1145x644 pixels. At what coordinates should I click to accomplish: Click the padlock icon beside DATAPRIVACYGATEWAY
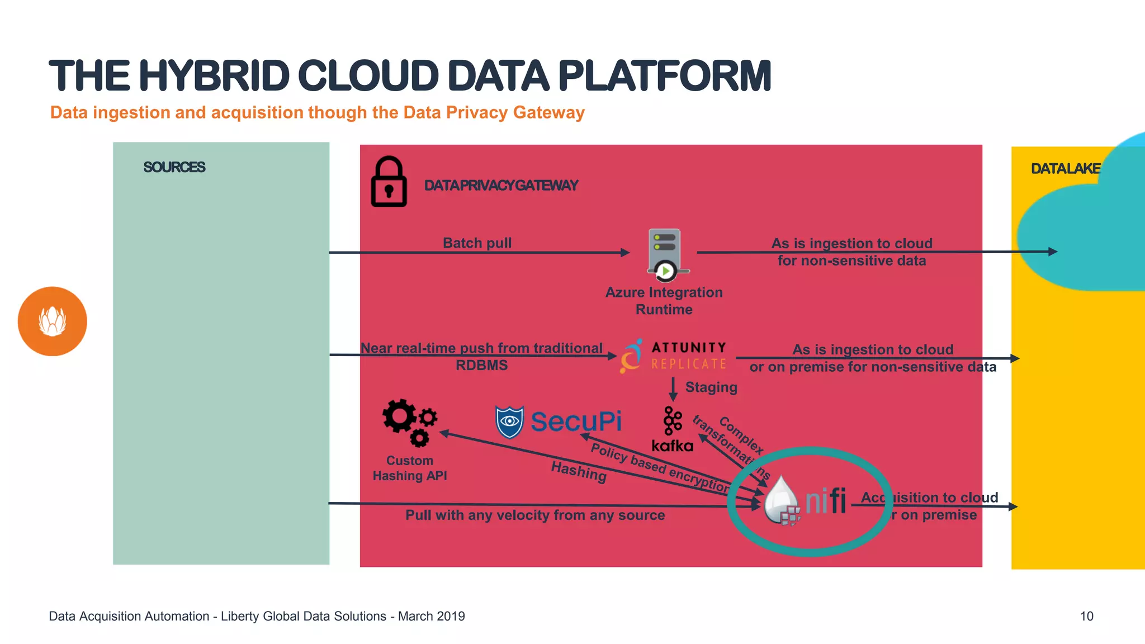389,182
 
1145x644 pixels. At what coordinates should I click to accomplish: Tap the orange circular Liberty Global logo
53,321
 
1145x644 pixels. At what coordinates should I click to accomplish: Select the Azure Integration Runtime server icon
665,254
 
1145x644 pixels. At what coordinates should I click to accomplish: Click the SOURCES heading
174,167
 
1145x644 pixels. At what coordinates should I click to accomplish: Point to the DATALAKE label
1065,169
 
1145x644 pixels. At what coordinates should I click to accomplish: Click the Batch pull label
477,243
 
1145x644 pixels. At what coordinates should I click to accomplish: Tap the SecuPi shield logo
509,422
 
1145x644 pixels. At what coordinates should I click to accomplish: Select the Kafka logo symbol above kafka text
672,420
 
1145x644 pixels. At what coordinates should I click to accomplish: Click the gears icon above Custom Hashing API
409,422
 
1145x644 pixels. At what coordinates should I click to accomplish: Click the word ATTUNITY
689,347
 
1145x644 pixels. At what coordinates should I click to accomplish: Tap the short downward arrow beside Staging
673,389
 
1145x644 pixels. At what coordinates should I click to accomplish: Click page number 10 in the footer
1086,616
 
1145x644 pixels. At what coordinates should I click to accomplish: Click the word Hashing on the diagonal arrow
579,472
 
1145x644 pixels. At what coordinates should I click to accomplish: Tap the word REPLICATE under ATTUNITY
688,364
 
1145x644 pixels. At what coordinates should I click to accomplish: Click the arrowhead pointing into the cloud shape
1052,252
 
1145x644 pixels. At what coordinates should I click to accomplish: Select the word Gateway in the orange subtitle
548,112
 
